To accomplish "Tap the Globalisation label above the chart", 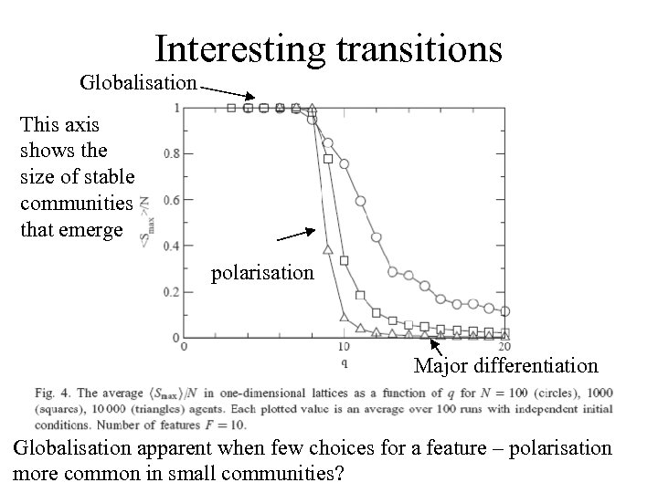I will [138, 83].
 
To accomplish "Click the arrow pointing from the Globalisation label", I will [228, 92].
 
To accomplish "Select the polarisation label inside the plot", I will [262, 272].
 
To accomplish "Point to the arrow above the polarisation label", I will [298, 234].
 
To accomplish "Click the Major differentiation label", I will [505, 366].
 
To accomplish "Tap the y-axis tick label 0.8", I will [171, 153].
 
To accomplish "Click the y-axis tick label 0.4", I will [171, 246].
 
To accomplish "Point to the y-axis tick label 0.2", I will [171, 292].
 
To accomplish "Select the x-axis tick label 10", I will [344, 347].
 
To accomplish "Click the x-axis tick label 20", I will [504, 347].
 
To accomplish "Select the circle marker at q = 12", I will [377, 237].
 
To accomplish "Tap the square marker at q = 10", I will [345, 261].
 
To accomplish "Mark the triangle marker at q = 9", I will [328, 247].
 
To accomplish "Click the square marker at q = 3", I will [231, 108].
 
